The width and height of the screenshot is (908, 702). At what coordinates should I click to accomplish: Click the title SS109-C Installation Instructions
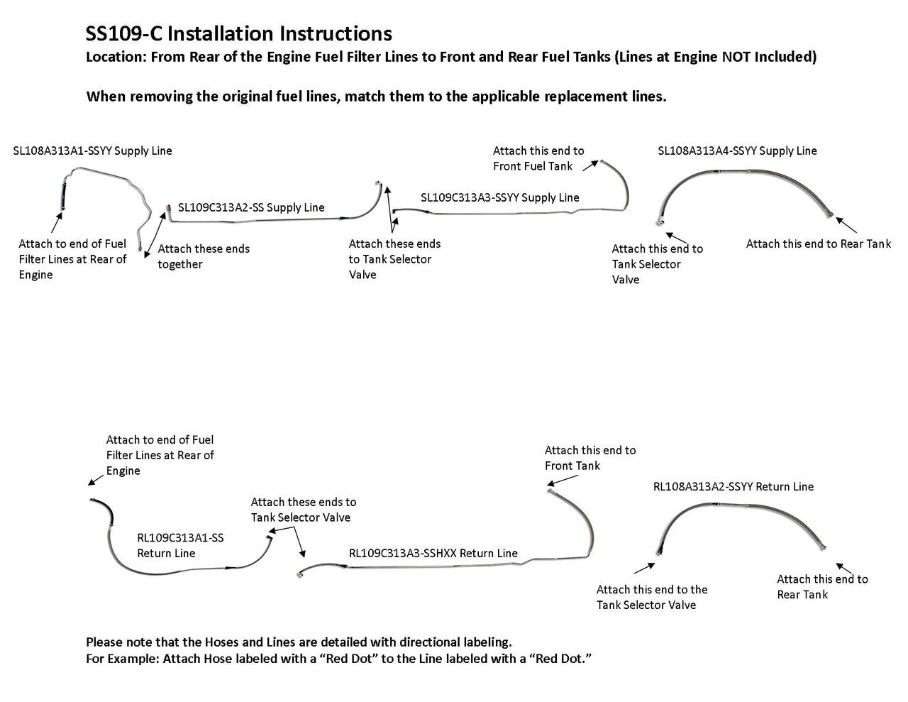(x=238, y=33)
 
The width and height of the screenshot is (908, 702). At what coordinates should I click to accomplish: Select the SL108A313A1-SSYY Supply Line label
(x=92, y=150)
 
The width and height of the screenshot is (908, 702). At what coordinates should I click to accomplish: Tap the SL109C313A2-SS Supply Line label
(x=251, y=207)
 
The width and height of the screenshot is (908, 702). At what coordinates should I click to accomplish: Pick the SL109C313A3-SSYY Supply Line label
(x=499, y=197)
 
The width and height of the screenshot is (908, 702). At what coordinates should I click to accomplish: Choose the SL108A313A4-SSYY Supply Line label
(x=737, y=150)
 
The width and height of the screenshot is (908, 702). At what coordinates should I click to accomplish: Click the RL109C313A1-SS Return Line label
(x=180, y=546)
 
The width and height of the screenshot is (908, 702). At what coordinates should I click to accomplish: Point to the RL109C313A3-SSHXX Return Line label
(x=433, y=553)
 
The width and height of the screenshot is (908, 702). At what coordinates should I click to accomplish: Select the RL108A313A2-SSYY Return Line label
(x=733, y=486)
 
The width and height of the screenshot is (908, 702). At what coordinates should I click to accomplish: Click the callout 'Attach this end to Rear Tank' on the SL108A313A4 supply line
(x=818, y=243)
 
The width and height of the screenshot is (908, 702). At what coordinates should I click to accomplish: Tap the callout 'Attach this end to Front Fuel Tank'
(x=538, y=158)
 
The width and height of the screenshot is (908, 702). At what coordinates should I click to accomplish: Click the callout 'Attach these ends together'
(x=204, y=256)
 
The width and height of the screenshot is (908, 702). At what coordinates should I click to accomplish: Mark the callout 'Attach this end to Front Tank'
(x=590, y=458)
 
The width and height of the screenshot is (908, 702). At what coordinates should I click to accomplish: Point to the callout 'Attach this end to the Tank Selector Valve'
(x=651, y=597)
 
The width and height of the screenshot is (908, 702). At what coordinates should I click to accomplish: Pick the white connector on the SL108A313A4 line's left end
(x=661, y=222)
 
